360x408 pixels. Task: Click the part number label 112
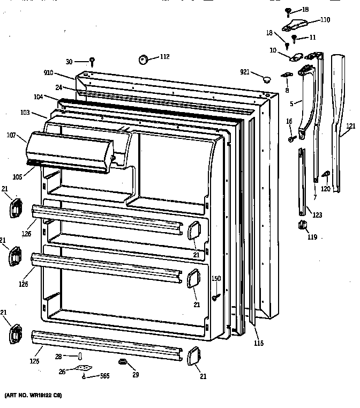(x=164, y=57)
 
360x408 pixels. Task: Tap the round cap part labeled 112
(x=143, y=58)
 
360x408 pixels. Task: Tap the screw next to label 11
(x=294, y=39)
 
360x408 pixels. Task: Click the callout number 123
(x=317, y=215)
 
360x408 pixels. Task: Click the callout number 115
(x=259, y=343)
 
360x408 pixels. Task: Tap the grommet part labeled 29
(x=123, y=363)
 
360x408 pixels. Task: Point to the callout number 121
(x=350, y=127)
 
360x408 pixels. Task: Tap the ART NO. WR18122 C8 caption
(x=33, y=395)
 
